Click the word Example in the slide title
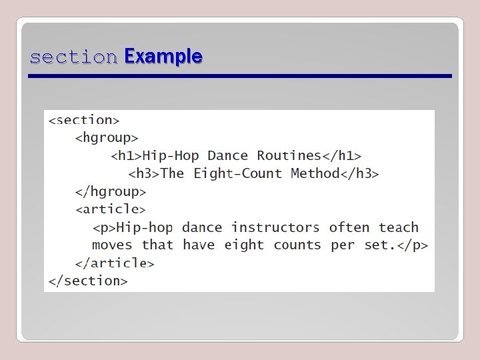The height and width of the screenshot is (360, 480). point(163,57)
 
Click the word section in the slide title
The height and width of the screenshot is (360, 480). point(73,57)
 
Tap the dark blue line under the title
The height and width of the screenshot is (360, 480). point(240,77)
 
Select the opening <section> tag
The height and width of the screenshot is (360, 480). point(83,120)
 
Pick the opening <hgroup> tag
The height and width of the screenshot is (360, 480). point(107,138)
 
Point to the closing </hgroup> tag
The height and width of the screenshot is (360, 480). point(110,191)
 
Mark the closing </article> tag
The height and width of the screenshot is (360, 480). point(115,263)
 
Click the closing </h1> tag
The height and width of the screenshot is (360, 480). point(342,156)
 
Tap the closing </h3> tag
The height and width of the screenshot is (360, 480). point(360,174)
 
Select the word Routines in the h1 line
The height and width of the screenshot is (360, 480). point(289,156)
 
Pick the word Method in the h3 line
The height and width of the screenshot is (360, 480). point(315,174)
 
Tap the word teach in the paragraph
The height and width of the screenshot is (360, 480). point(399,227)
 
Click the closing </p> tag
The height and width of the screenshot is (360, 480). point(413,245)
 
